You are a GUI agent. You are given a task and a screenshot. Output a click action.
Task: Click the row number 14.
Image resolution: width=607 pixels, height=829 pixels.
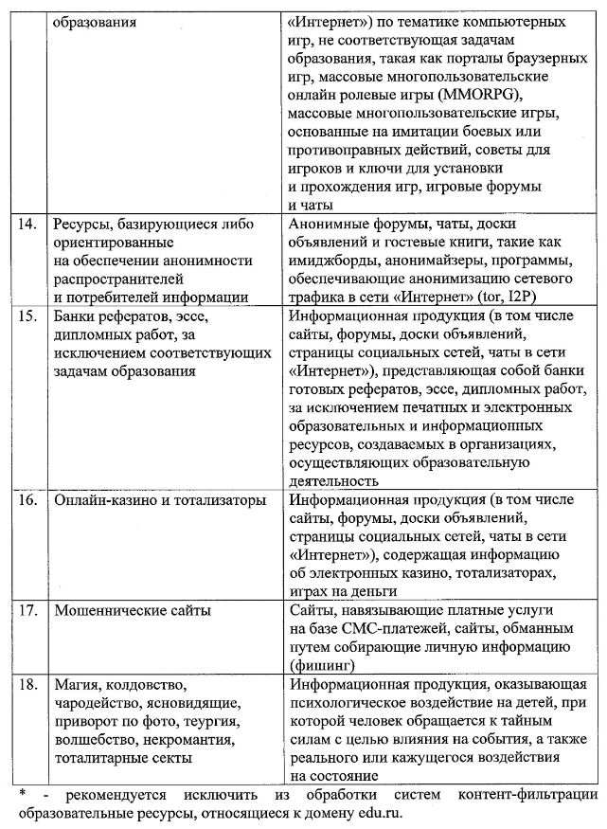(28, 225)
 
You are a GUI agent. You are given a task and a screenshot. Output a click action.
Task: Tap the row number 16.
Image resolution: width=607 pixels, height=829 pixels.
(28, 499)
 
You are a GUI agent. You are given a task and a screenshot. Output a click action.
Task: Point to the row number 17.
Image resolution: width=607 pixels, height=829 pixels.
(28, 610)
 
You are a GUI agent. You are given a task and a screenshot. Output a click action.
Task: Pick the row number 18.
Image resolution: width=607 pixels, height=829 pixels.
(28, 683)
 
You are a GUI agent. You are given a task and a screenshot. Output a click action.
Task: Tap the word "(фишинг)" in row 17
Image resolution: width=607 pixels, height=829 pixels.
(326, 664)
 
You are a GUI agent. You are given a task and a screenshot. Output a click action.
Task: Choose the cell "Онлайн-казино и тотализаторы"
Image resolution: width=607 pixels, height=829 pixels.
(160, 499)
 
